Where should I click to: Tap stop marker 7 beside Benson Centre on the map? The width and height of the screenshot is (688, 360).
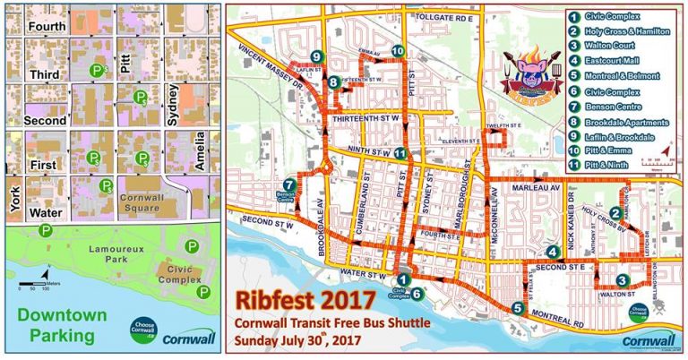coord(288,184)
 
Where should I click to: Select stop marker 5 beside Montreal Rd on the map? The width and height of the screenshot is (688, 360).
coord(518,308)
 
